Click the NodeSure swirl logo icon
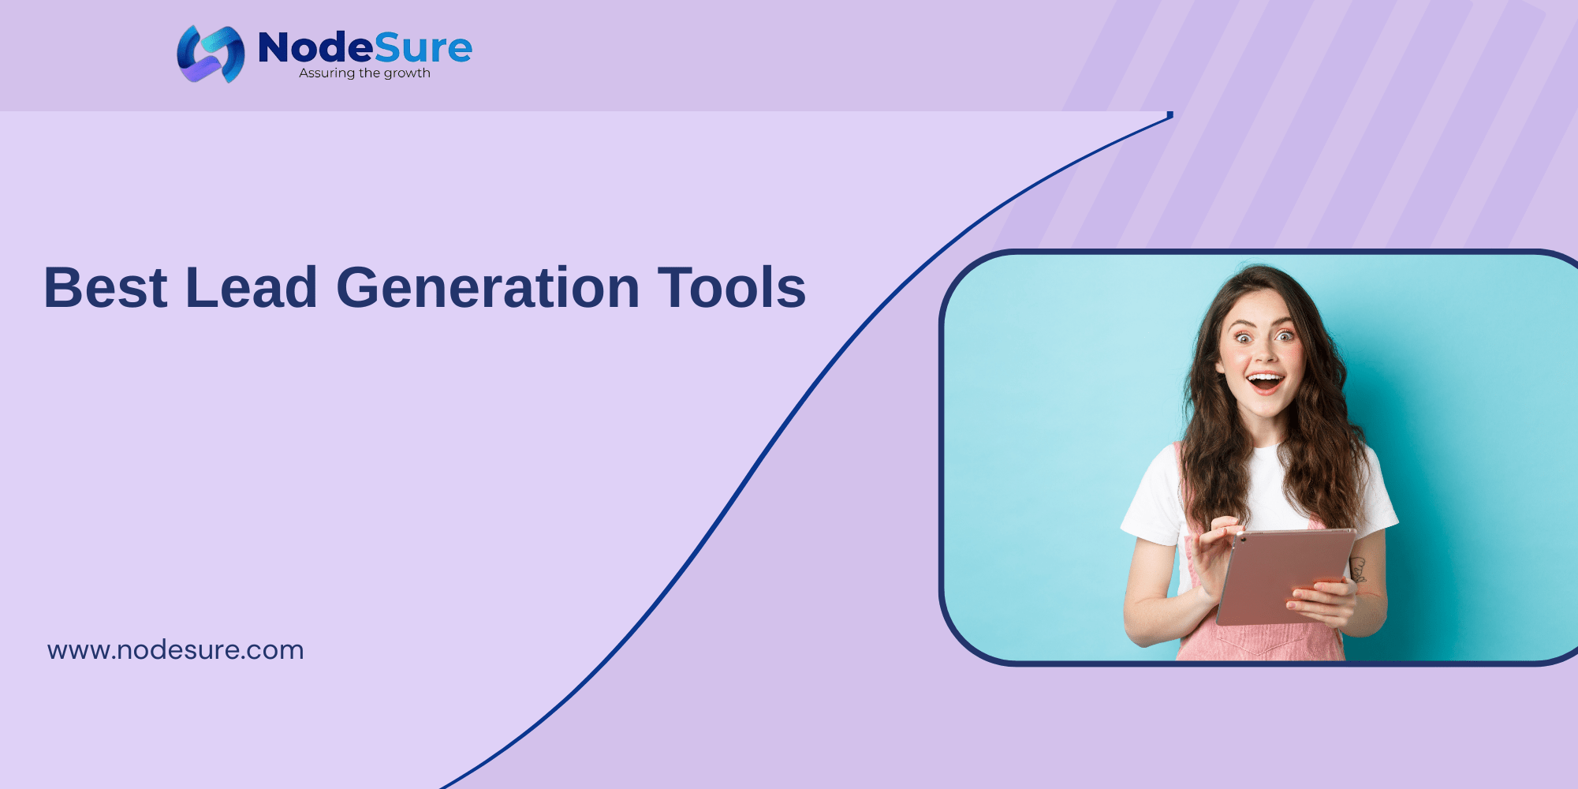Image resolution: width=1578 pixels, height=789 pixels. point(210,54)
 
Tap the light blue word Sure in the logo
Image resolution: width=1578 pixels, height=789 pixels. point(423,48)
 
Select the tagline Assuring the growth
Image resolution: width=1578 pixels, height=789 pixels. point(364,73)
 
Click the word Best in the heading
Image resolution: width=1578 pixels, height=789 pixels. point(105,288)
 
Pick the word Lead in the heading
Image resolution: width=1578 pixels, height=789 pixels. point(251,288)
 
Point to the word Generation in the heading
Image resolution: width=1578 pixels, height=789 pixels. point(487,288)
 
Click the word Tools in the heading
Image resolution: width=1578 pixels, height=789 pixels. point(732,288)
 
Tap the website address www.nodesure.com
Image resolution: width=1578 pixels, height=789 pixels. point(175,650)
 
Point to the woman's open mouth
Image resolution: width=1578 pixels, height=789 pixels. point(1265,383)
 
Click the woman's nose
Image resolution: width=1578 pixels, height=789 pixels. point(1263,353)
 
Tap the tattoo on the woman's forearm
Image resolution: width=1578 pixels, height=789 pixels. point(1358,568)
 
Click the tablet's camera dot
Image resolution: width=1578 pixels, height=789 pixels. point(1244,540)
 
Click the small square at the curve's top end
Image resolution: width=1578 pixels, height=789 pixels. point(1170,115)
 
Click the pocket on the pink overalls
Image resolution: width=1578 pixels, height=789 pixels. point(1262,643)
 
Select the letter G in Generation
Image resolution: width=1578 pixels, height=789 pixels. point(359,288)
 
